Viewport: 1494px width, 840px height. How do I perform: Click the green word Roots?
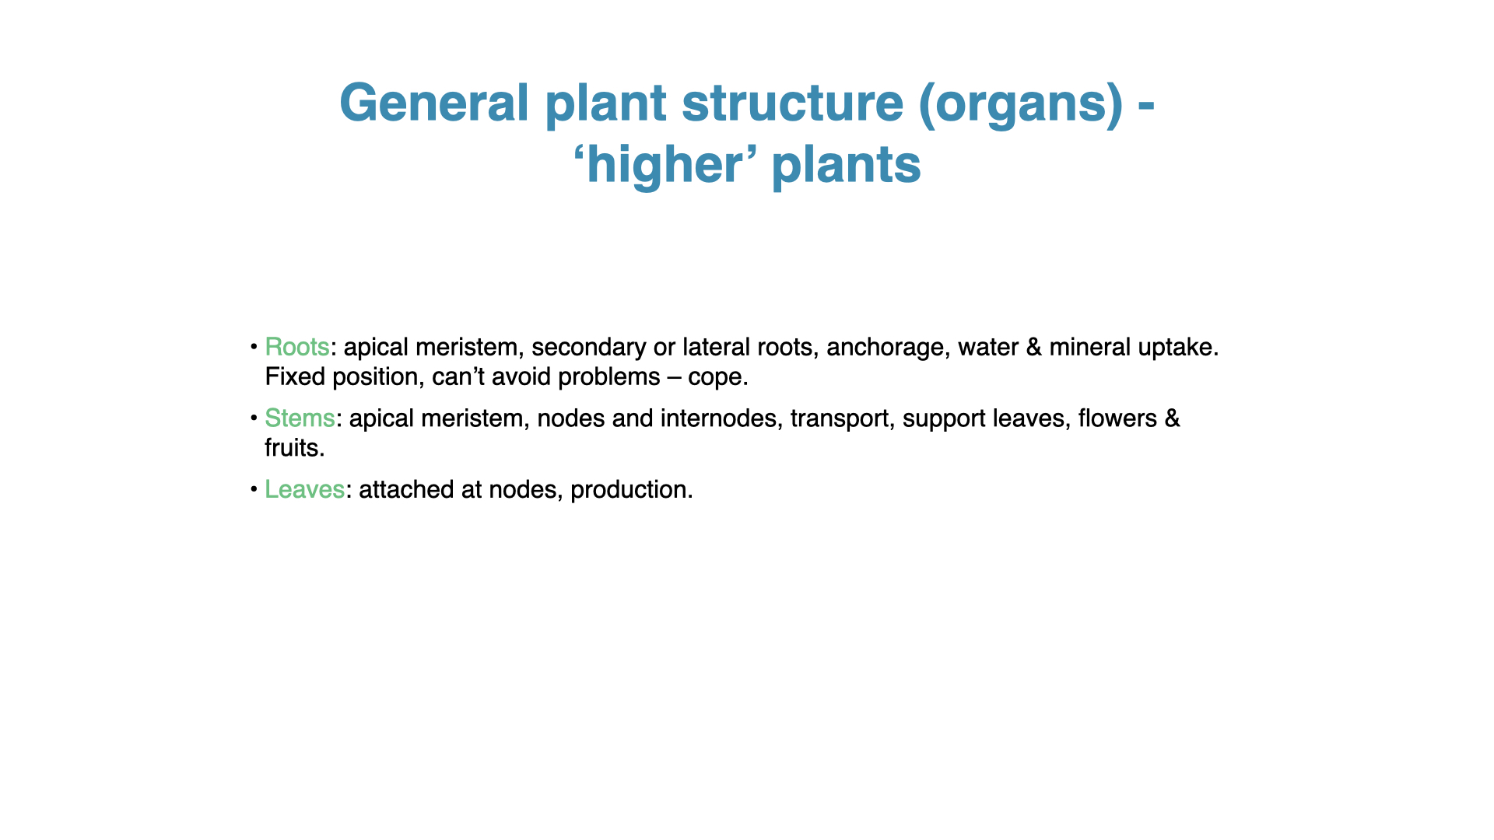pyautogui.click(x=296, y=347)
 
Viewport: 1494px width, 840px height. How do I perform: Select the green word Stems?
pyautogui.click(x=300, y=418)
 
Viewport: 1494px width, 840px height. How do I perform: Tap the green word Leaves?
pyautogui.click(x=304, y=489)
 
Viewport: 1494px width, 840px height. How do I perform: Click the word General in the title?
pyautogui.click(x=434, y=103)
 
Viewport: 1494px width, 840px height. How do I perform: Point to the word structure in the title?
pyautogui.click(x=792, y=103)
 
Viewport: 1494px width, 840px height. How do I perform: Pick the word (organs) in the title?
pyautogui.click(x=1021, y=104)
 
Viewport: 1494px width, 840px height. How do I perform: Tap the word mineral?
pyautogui.click(x=1090, y=347)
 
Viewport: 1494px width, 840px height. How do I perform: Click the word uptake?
pyautogui.click(x=1178, y=348)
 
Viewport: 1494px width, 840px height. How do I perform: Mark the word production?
pyautogui.click(x=631, y=490)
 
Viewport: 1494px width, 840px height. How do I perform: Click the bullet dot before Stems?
pyautogui.click(x=254, y=418)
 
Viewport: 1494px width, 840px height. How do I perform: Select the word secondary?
pyautogui.click(x=589, y=348)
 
